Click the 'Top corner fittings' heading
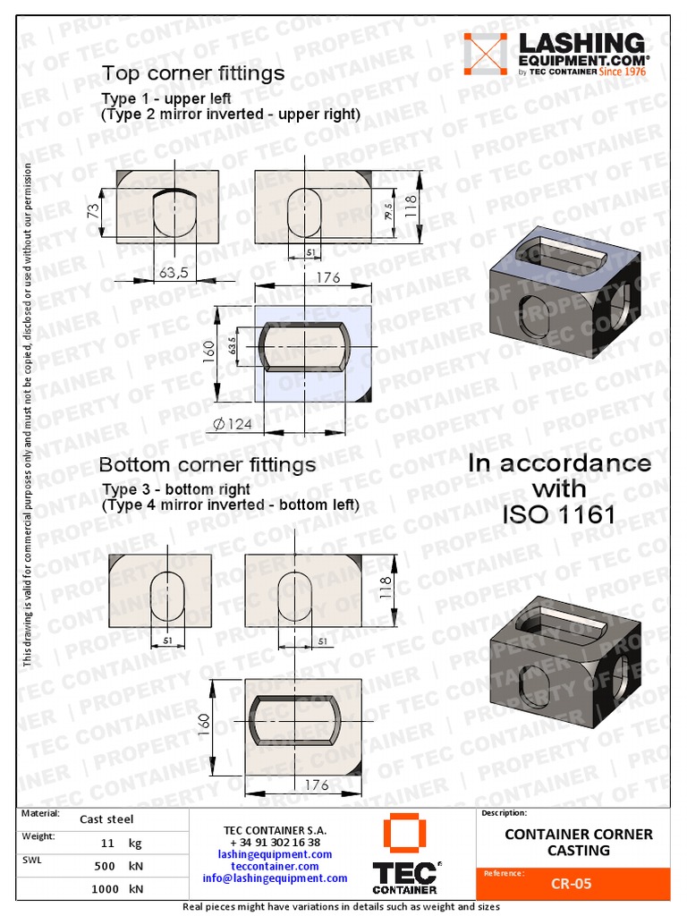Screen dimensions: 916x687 coord(192,72)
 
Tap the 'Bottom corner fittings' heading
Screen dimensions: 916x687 coord(207,465)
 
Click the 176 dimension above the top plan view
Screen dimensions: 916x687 coord(327,277)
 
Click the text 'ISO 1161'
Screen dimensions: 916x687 coord(559,515)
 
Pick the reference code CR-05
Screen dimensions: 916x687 coord(571,884)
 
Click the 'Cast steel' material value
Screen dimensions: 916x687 coord(107,818)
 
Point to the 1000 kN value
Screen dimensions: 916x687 coord(115,889)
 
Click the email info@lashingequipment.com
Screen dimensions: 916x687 coord(275,878)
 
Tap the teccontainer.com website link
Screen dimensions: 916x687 coord(275,866)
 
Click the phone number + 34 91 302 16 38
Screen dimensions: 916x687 coord(275,843)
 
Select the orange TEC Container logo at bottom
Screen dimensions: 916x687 coord(405,854)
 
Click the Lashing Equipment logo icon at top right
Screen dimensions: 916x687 coord(485,55)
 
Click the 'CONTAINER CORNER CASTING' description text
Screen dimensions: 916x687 coord(579,842)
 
